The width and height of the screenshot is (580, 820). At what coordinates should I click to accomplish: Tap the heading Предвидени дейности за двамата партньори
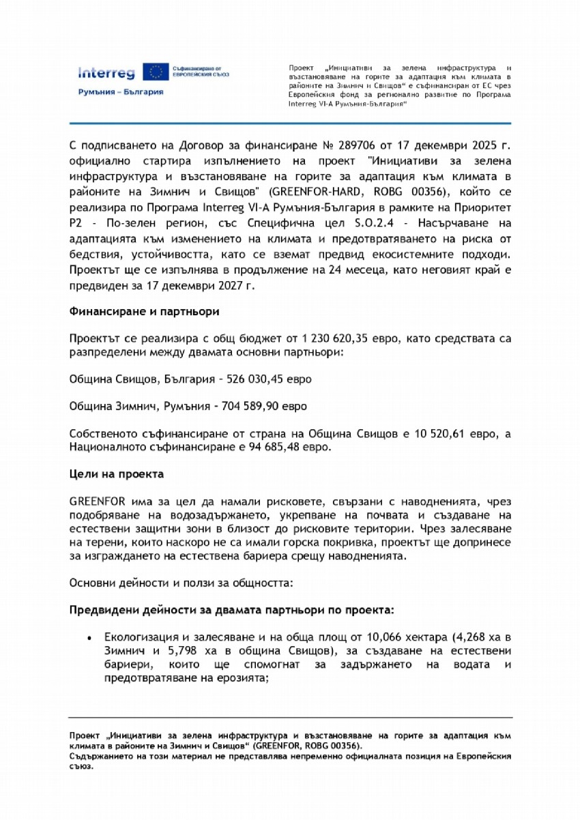pos(232,609)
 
